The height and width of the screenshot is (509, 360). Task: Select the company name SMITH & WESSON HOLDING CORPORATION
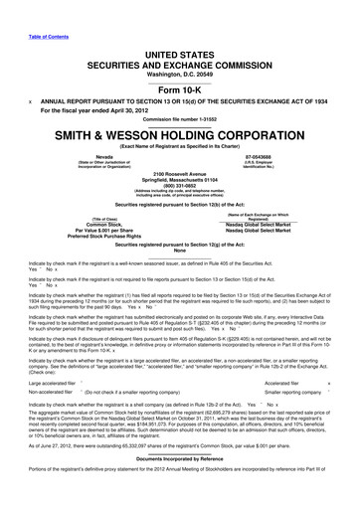[180, 134]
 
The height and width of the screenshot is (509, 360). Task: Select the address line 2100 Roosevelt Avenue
[180, 172]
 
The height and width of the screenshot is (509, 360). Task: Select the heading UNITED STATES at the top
[179, 36]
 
